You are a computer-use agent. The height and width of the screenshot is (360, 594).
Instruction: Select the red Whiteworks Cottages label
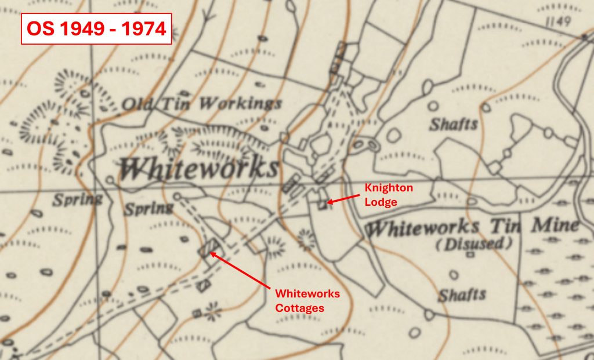coord(307,301)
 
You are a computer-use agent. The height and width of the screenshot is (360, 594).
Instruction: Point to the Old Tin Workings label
coord(202,105)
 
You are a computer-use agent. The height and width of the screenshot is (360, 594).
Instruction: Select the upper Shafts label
coord(454,124)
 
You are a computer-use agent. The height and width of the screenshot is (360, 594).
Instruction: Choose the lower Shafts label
coord(462,294)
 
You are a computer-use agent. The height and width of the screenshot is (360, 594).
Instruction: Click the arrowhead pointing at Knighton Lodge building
coord(329,202)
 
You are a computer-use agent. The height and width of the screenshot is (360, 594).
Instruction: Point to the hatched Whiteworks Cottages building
coord(207,248)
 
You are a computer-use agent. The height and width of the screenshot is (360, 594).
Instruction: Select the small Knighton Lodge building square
coord(323,205)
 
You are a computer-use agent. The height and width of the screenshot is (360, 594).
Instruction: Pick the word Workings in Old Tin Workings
coord(240,104)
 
